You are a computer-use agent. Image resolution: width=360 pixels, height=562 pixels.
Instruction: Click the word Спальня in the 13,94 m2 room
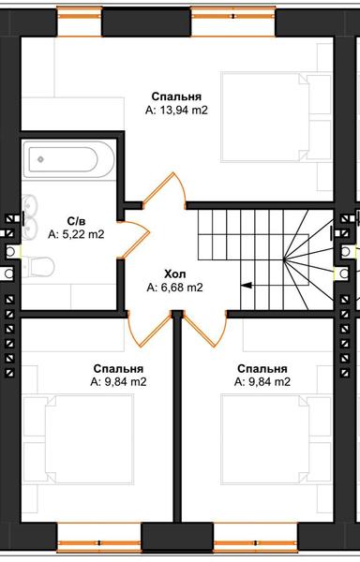coord(176,96)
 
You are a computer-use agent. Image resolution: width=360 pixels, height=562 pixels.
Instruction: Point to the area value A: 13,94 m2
coord(176,111)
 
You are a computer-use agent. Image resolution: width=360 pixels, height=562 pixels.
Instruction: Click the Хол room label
coord(174,274)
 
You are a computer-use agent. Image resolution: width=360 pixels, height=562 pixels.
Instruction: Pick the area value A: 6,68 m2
coord(174,288)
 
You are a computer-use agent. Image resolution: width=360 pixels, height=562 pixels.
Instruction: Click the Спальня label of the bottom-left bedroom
coord(118,368)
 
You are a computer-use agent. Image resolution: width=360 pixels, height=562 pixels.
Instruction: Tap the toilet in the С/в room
coord(37,270)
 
